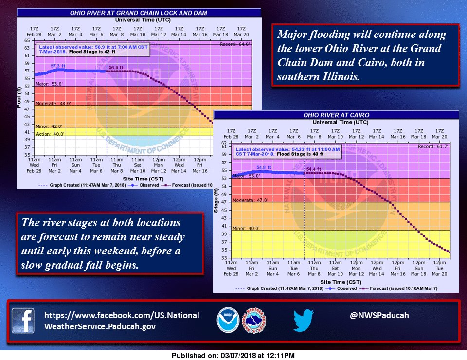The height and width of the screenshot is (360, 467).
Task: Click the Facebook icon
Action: click(23, 321)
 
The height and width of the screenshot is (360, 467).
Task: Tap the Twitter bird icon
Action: click(304, 321)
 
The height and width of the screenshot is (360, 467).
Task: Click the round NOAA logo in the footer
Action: click(227, 321)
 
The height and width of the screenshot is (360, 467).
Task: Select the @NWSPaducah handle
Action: click(379, 315)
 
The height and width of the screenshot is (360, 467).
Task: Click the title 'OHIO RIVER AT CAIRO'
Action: click(336, 115)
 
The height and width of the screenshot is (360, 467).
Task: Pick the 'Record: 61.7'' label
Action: click(438, 146)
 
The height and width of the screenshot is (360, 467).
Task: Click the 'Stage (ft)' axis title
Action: click(217, 201)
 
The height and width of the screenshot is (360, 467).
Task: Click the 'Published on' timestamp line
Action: click(233, 356)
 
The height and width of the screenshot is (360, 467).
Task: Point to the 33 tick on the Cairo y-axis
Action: click(225, 258)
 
